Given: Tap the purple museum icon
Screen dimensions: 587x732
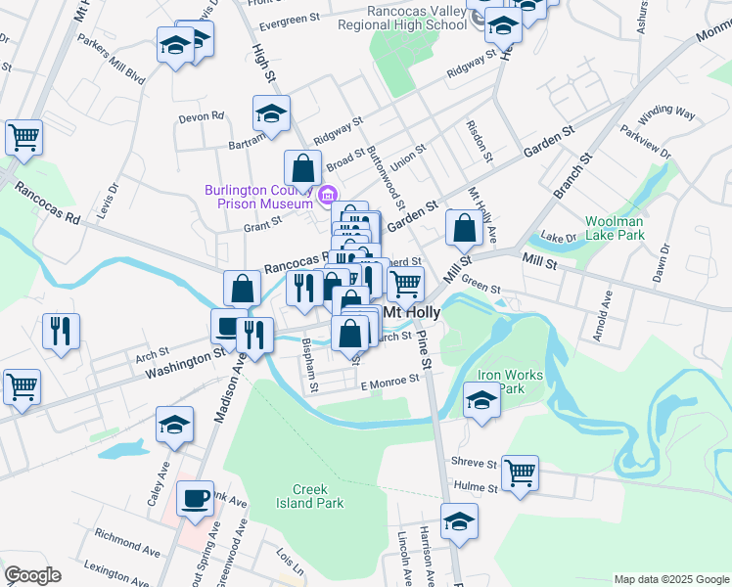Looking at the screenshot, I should coord(330,192).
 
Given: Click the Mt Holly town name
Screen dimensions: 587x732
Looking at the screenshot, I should coord(411,311).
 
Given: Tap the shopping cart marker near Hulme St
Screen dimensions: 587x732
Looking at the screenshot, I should coord(521,474).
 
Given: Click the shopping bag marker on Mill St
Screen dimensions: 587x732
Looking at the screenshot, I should coord(465,228).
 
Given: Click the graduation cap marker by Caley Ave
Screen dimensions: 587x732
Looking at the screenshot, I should coord(174,424).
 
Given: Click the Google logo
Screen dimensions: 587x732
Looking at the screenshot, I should coord(32,575).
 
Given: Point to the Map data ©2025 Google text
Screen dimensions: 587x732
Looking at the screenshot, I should coord(670,579).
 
